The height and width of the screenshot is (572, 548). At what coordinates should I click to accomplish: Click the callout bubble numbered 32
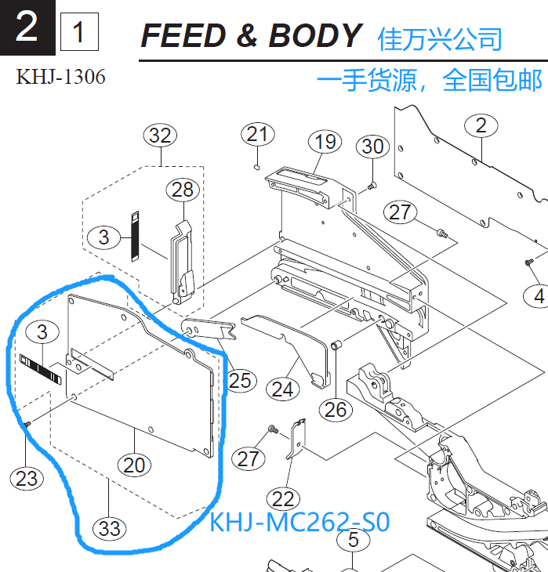point(160,136)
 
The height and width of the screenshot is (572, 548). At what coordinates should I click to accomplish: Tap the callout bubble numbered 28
point(183,190)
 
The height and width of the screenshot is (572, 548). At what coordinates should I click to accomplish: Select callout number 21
point(257,135)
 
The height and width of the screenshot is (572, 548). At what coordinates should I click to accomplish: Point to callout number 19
point(325,142)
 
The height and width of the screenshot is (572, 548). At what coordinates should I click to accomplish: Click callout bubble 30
point(373,147)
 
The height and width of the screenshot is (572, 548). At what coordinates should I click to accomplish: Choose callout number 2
point(481,125)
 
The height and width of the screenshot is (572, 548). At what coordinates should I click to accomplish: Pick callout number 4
point(539,296)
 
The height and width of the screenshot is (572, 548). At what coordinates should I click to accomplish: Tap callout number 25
point(241,380)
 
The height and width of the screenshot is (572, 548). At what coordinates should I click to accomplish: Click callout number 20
point(135,465)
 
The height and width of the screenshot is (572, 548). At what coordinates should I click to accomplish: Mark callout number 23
point(27,477)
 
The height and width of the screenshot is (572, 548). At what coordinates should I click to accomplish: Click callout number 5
point(353,541)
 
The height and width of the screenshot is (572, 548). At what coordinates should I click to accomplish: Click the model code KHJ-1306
point(60,77)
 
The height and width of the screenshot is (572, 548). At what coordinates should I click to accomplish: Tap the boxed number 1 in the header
point(79,33)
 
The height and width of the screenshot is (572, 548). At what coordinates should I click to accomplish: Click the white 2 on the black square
point(27,28)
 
